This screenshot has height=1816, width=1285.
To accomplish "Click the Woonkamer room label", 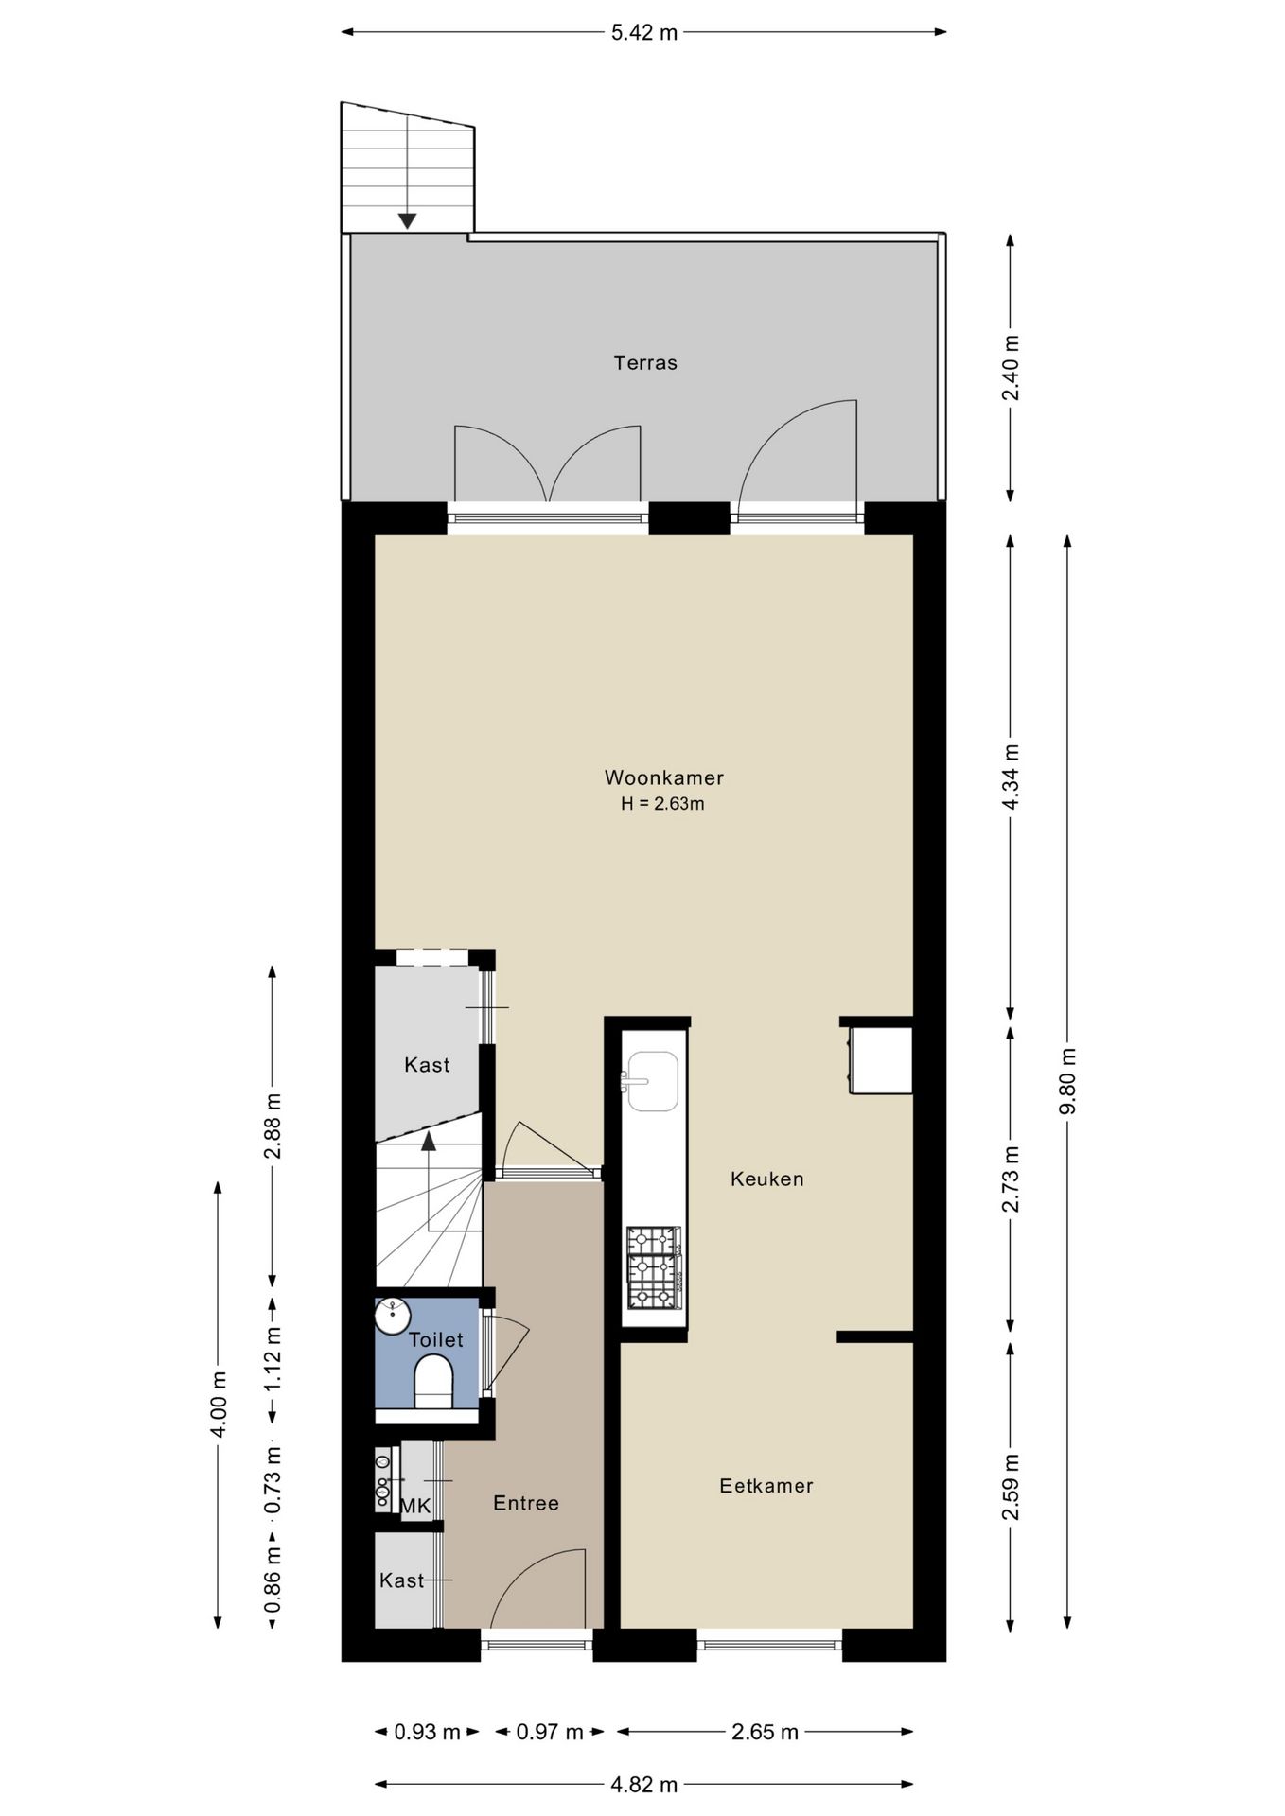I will (663, 777).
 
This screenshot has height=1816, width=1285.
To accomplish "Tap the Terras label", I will (645, 362).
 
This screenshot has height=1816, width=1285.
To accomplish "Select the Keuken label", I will (766, 1179).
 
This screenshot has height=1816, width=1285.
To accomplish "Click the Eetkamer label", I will (766, 1485).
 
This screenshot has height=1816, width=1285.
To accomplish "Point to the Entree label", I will (526, 1503).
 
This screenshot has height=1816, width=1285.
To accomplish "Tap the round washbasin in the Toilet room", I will (392, 1315).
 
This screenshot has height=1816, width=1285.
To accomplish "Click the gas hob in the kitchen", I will (653, 1267).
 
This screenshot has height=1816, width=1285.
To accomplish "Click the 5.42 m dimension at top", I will (643, 33).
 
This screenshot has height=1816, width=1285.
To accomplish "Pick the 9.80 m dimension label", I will (1067, 1081).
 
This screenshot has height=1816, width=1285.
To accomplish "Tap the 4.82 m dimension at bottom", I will (643, 1785).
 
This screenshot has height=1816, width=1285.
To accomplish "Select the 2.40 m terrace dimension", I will (1011, 368).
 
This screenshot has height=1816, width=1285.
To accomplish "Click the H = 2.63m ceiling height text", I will (662, 805).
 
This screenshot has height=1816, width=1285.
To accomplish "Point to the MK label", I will (415, 1505).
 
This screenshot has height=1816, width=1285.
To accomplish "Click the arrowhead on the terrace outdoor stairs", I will (407, 221).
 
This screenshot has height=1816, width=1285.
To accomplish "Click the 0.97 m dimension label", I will (549, 1732).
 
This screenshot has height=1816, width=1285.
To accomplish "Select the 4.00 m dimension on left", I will (218, 1404).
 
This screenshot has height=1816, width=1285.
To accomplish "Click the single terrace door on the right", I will (797, 454).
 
